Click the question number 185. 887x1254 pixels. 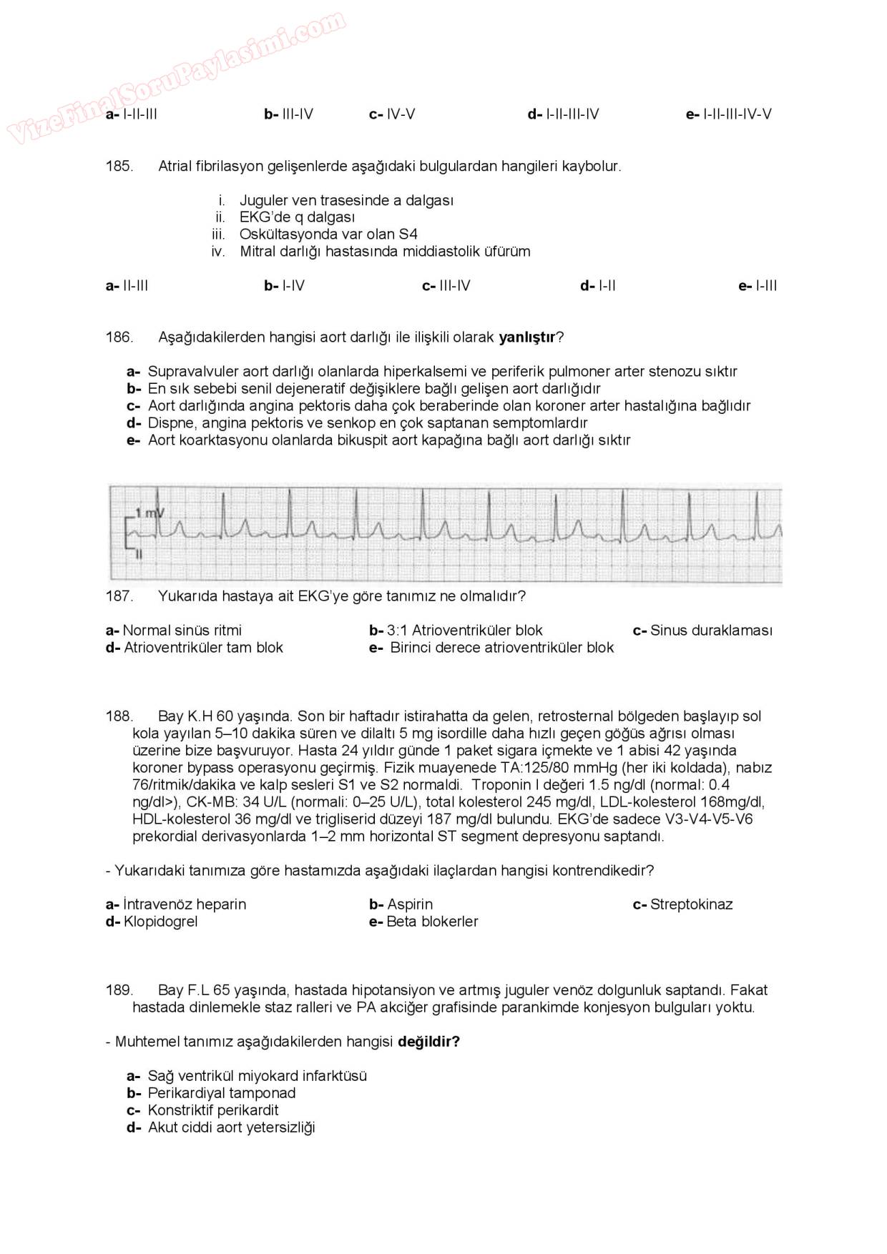point(119,167)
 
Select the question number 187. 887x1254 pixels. point(119,596)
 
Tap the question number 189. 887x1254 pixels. point(119,990)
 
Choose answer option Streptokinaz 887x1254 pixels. point(690,904)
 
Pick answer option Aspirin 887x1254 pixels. point(409,904)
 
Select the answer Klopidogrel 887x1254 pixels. point(160,922)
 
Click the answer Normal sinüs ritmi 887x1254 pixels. point(182,631)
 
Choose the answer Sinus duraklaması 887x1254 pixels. point(710,631)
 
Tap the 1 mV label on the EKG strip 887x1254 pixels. point(150,513)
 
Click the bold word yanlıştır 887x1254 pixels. point(526,337)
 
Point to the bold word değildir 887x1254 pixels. point(428,1042)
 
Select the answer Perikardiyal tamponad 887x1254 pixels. point(221,1093)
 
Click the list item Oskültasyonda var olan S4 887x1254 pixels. point(328,234)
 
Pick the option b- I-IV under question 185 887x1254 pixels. point(285,286)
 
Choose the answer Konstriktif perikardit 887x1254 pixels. point(212,1110)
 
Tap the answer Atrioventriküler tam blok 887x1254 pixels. point(203,648)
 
